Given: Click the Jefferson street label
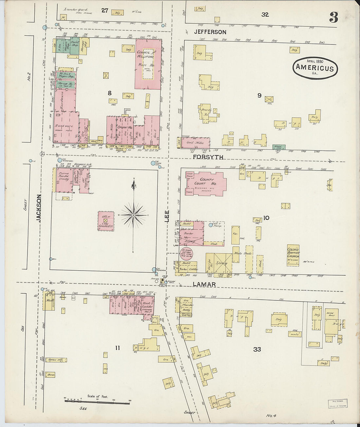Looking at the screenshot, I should pos(210,32).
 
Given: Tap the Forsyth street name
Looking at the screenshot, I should pos(208,157).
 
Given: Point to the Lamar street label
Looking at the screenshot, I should pos(204,284).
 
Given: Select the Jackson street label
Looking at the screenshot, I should pos(39,208).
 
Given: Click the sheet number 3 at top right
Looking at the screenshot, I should pos(333,17).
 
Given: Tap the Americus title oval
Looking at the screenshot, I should pos(315,68).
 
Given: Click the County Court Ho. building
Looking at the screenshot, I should pos(206,183).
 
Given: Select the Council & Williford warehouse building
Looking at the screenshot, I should pos(148,64).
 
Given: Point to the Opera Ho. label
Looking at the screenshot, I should pos(125,127).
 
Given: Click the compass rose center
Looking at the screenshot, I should pos(134,215).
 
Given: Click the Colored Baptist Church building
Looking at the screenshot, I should pos(293,255).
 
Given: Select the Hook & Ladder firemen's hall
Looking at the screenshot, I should pos(147,306).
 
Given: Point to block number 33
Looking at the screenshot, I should pos(257,349).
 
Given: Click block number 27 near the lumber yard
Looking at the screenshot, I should pos(104,10).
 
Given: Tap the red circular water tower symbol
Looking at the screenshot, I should pos(186,254).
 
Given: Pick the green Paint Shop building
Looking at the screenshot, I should pos(74,45).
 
